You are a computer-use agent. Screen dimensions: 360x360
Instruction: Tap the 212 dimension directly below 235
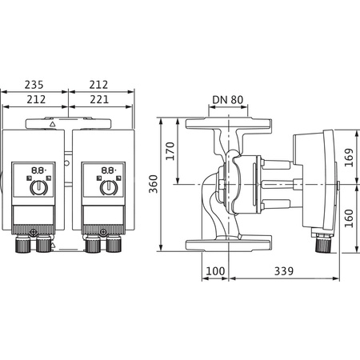point(34,100)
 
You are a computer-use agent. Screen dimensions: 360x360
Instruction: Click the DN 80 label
point(230,100)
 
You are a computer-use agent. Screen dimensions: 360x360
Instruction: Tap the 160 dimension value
point(350,217)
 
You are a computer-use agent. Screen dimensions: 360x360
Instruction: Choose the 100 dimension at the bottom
point(214,272)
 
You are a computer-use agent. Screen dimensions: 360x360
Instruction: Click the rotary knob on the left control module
point(37,188)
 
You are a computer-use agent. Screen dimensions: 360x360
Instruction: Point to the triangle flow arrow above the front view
point(52,126)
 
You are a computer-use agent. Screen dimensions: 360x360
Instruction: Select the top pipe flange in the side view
point(230,125)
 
